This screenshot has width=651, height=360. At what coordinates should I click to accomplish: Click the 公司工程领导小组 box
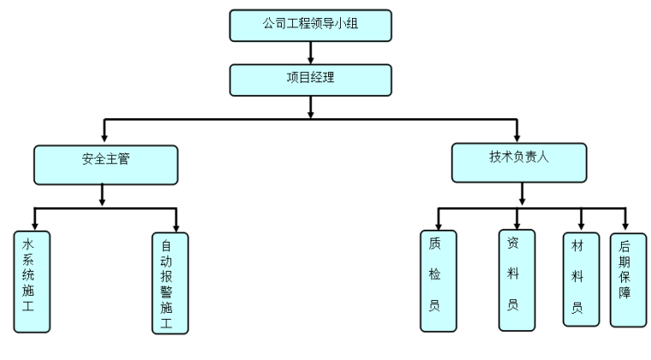[x=310, y=25]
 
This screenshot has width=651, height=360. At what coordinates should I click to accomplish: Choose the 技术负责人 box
[x=519, y=161]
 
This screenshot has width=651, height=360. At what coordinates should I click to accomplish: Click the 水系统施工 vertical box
[x=32, y=280]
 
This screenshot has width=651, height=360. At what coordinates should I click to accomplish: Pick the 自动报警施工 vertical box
[x=169, y=282]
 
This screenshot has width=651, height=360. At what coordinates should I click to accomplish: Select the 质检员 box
[x=438, y=280]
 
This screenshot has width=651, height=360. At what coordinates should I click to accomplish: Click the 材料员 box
[x=580, y=279]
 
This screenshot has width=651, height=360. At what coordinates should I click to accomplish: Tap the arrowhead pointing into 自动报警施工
[x=176, y=226]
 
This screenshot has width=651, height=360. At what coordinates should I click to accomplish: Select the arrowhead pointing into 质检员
[x=438, y=224]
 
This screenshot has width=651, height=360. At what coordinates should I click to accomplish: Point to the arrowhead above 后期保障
[x=625, y=224]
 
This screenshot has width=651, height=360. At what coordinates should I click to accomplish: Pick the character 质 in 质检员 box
[x=434, y=243]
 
